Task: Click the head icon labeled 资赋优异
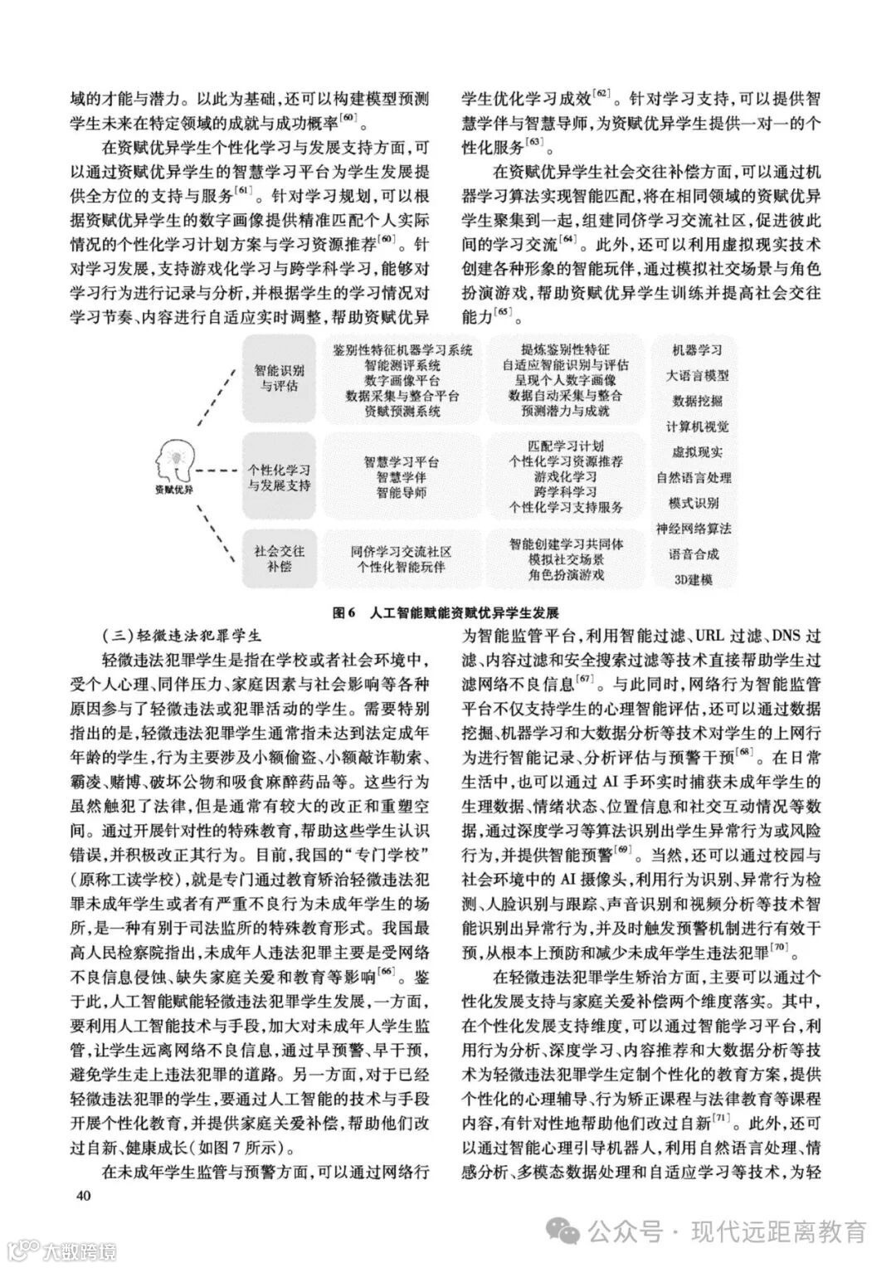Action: coord(173,465)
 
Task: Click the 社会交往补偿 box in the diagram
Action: coord(279,558)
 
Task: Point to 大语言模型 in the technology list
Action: coord(697,375)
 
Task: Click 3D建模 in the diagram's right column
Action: coord(694,579)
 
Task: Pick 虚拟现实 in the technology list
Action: coord(697,452)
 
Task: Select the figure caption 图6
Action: coord(343,613)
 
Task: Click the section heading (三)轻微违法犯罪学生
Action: coord(168,636)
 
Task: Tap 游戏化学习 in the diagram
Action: coord(566,476)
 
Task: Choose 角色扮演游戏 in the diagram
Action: coord(566,574)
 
